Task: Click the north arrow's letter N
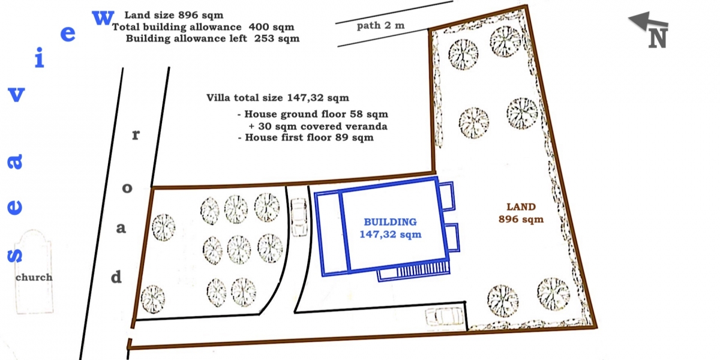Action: [658, 38]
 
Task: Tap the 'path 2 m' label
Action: [380, 26]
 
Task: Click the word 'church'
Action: [34, 277]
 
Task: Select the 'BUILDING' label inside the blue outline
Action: [390, 222]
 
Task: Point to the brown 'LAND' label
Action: [521, 206]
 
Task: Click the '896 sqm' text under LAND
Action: [521, 219]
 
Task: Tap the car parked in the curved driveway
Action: [299, 217]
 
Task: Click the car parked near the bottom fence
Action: [445, 317]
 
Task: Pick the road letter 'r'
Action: [136, 135]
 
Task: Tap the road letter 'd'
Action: [116, 277]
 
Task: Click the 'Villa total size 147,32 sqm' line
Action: [278, 98]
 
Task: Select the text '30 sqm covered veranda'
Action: [323, 127]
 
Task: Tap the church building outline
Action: [34, 272]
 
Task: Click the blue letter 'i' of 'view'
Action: [39, 58]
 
